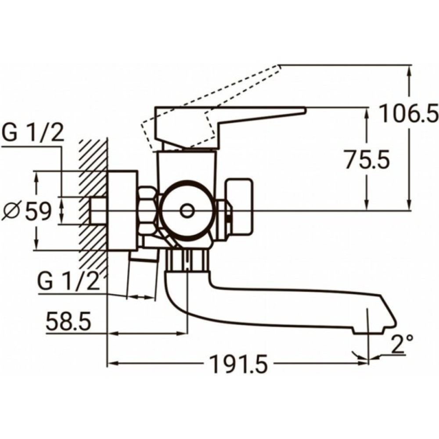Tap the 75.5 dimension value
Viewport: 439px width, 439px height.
(x=367, y=161)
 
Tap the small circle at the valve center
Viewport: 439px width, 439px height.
(x=187, y=211)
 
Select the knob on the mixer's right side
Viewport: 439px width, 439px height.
(x=239, y=206)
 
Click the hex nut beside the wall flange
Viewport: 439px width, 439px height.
(x=147, y=211)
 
